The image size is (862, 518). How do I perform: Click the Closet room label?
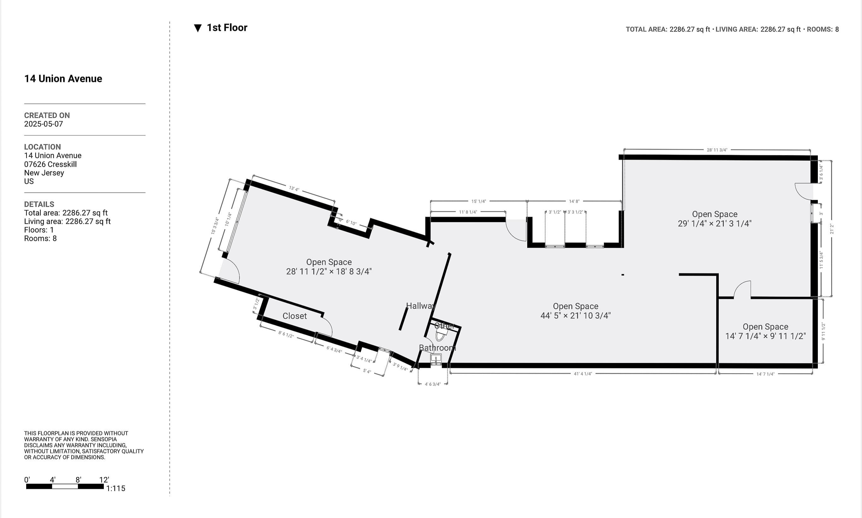tap(294, 316)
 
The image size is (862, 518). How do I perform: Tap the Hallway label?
tap(421, 306)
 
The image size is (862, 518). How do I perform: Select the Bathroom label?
tap(437, 348)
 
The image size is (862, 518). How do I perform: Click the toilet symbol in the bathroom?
tap(440, 335)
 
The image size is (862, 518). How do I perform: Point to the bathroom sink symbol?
tap(436, 358)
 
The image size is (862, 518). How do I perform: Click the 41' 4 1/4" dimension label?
tap(583, 374)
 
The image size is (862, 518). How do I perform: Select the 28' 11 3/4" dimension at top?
tap(717, 150)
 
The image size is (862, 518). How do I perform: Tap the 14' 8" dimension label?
tap(574, 201)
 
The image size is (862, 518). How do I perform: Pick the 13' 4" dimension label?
tap(294, 189)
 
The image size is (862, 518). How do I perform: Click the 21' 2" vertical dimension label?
tap(832, 229)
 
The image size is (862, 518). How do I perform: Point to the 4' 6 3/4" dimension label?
tap(432, 384)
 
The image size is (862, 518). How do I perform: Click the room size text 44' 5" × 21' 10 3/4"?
tap(576, 316)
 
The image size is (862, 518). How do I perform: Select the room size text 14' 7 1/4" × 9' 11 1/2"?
tap(765, 336)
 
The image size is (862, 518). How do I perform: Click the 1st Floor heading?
tap(227, 27)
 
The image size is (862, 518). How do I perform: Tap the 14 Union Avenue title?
tap(63, 79)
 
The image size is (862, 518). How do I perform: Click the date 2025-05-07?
tap(44, 124)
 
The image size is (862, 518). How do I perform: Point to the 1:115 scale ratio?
tap(115, 488)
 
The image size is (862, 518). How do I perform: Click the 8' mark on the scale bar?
tap(78, 480)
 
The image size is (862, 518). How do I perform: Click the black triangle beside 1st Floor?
tap(198, 28)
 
